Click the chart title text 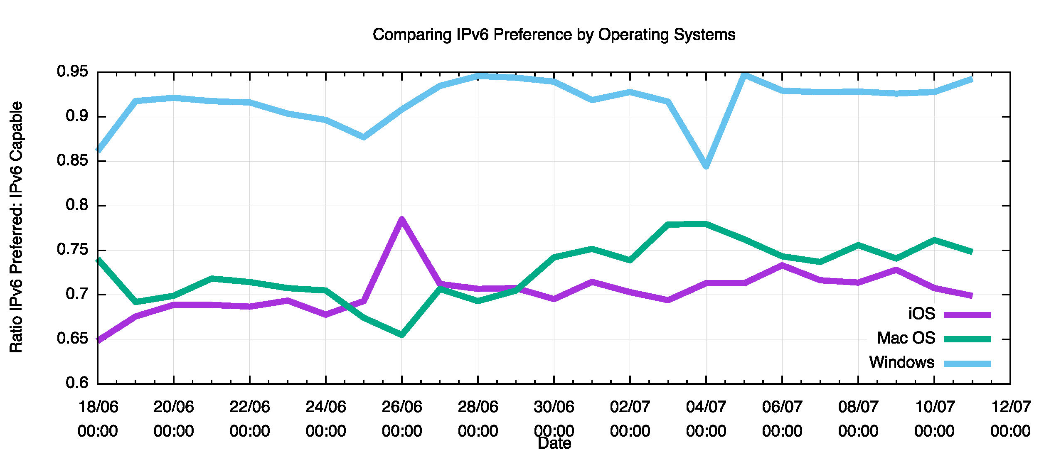click(554, 34)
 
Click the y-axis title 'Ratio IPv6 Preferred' click(16, 227)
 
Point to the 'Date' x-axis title click(554, 443)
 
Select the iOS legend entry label click(921, 314)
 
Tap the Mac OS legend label click(906, 338)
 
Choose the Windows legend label click(901, 362)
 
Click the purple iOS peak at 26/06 click(401, 219)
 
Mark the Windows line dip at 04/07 click(706, 166)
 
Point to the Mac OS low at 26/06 click(401, 334)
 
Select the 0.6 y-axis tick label click(77, 383)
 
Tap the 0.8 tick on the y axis click(77, 205)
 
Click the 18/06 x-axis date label click(98, 407)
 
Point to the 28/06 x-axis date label click(478, 407)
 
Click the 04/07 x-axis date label click(706, 407)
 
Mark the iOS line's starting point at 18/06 click(98, 340)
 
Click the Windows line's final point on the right click(972, 79)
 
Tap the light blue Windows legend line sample click(967, 364)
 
